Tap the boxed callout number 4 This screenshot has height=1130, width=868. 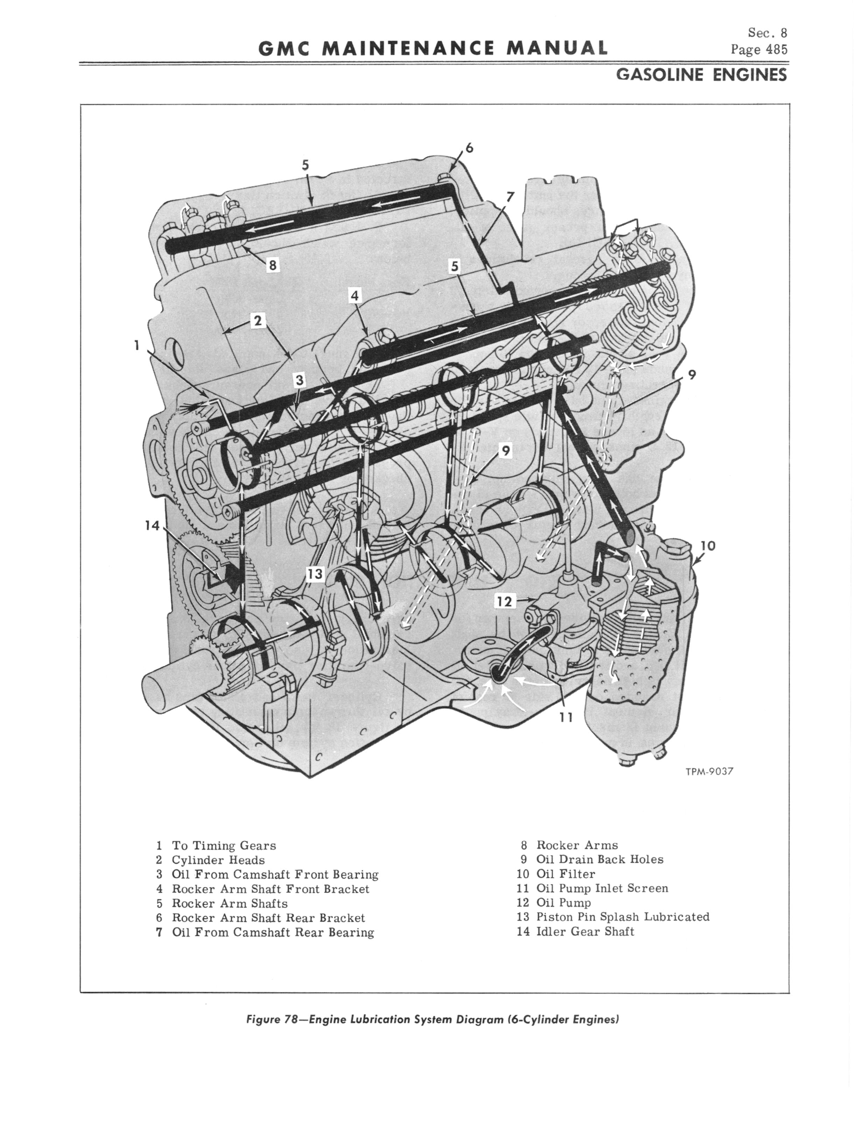pyautogui.click(x=355, y=296)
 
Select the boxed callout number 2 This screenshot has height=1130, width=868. pyautogui.click(x=257, y=321)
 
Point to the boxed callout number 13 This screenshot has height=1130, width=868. pyautogui.click(x=315, y=574)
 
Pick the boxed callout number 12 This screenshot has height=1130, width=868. pyautogui.click(x=505, y=601)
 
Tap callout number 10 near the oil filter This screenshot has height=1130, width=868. pyautogui.click(x=708, y=545)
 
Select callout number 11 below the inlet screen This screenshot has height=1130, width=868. pyautogui.click(x=566, y=717)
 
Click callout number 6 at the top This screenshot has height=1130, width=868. pyautogui.click(x=469, y=148)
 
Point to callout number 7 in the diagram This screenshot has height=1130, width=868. pyautogui.click(x=510, y=197)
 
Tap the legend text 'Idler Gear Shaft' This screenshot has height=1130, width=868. pyautogui.click(x=586, y=932)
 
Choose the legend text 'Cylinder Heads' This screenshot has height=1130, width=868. pyautogui.click(x=218, y=860)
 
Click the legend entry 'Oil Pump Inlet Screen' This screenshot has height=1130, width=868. pyautogui.click(x=602, y=888)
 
